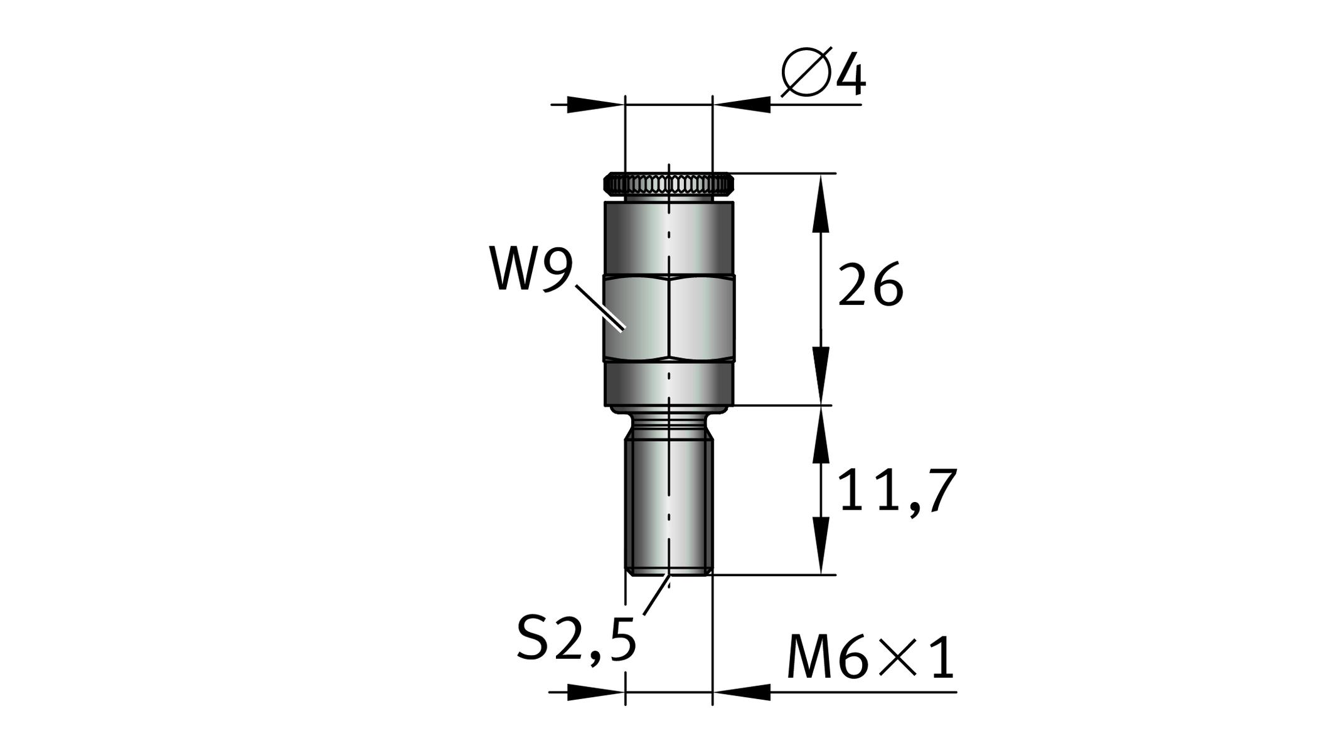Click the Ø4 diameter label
[823, 72]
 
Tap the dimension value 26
[871, 286]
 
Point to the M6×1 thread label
[871, 658]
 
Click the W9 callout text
[531, 269]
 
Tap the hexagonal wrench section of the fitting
[669, 318]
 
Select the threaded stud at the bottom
[669, 506]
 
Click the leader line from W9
[600, 307]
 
